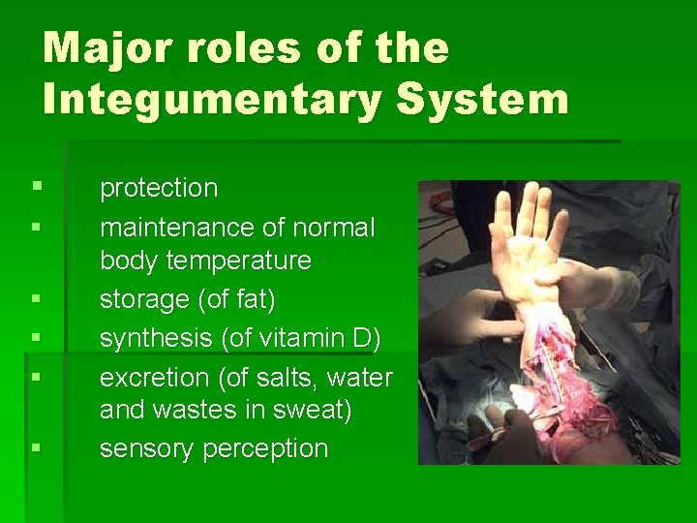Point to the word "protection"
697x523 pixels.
tap(159, 188)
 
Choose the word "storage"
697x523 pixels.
tap(144, 300)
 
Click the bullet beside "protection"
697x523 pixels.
tap(36, 182)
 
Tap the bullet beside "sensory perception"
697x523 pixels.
tap(36, 447)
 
